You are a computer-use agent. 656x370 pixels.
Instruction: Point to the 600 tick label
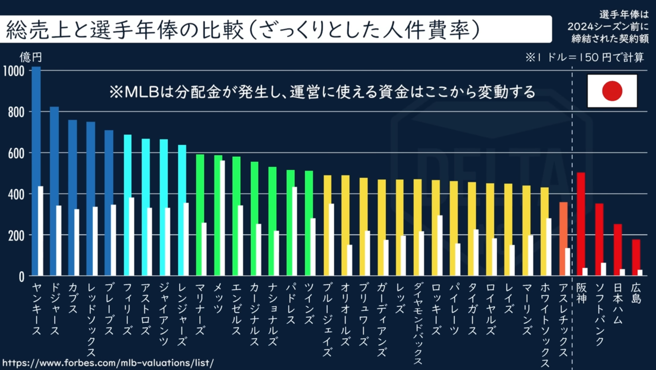click(16, 154)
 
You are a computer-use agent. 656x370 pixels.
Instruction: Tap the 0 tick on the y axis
click(21, 277)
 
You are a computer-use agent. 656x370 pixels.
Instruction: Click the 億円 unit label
click(30, 57)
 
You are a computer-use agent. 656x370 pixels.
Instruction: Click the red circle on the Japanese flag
click(612, 91)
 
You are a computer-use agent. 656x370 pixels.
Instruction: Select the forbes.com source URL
click(108, 363)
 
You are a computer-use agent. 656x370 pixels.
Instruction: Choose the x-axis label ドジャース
click(55, 309)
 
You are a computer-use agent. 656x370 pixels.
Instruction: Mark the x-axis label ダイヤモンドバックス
click(418, 323)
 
